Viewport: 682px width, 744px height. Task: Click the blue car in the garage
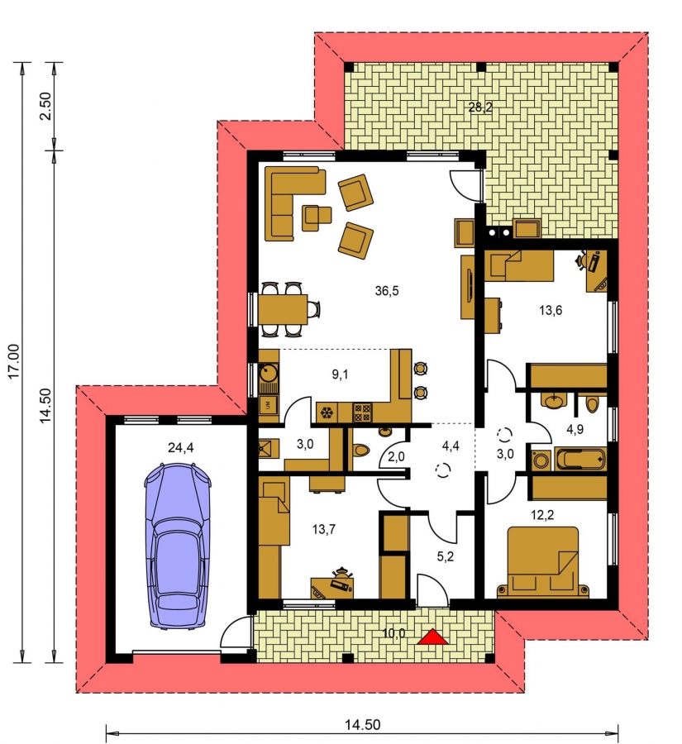pos(178,546)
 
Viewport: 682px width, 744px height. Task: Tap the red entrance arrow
pos(432,637)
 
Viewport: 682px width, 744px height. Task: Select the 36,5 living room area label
pos(387,291)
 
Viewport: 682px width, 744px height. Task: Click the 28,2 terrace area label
pos(480,107)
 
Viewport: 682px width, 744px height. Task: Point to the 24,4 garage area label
pos(181,447)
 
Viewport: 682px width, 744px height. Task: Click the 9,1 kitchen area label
pos(340,374)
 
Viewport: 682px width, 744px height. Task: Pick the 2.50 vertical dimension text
pos(45,107)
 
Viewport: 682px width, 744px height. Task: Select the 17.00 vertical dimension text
pos(14,361)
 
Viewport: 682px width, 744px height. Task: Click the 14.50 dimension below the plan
pos(362,725)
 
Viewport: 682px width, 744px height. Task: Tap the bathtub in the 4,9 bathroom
pos(581,459)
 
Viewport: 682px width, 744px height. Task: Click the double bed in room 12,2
pos(543,561)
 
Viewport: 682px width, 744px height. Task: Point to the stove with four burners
pos(362,412)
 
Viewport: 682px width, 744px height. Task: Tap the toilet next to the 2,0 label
pos(362,450)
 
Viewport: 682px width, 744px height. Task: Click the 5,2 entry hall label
pos(446,556)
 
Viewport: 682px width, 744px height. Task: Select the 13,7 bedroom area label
pos(324,529)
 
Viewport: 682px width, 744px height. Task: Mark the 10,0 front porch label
pos(394,633)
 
